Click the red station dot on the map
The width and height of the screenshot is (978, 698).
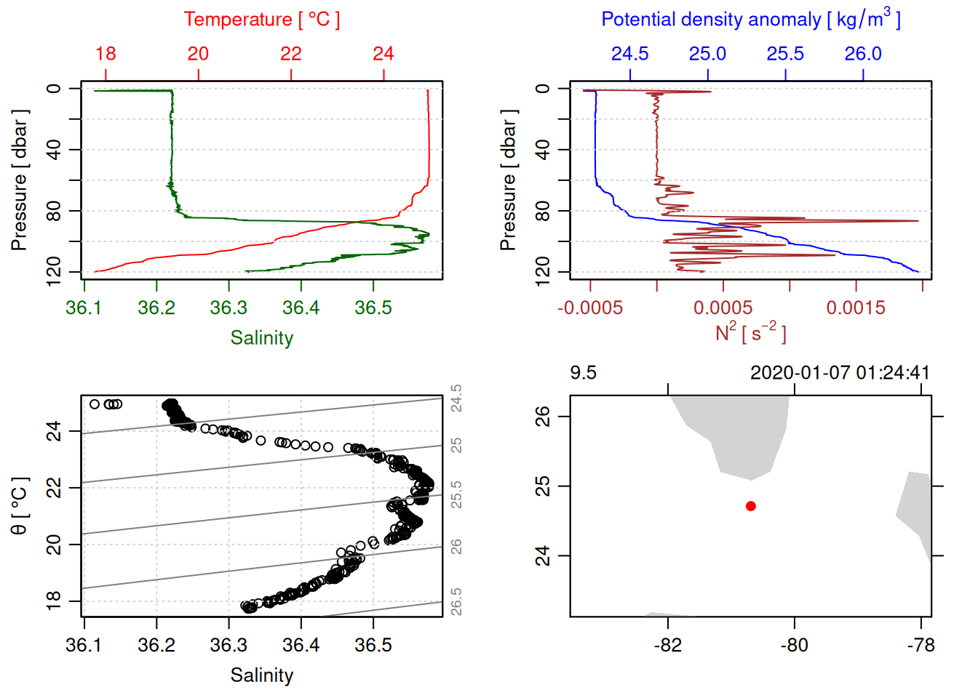click(x=751, y=506)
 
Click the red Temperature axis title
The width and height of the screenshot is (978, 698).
click(x=261, y=20)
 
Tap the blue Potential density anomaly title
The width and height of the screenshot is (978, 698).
click(x=750, y=20)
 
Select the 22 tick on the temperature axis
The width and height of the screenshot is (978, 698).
click(x=291, y=54)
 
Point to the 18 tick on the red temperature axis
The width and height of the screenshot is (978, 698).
click(x=106, y=54)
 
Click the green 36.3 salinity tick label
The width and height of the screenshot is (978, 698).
click(x=228, y=308)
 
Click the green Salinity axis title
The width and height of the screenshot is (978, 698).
click(x=261, y=338)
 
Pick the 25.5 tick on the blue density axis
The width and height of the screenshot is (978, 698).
click(x=785, y=54)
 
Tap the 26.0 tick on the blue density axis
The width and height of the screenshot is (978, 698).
click(x=863, y=54)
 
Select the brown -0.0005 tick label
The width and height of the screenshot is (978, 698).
click(x=590, y=308)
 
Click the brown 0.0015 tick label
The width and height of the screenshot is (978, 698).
click(x=856, y=308)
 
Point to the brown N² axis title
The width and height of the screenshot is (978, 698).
click(x=750, y=333)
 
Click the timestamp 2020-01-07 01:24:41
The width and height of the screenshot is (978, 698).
click(x=840, y=373)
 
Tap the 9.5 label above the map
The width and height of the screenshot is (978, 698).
click(x=583, y=373)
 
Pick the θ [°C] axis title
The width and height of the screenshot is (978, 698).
click(x=20, y=506)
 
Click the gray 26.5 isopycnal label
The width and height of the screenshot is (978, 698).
click(x=456, y=602)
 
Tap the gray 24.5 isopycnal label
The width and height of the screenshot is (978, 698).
click(x=456, y=398)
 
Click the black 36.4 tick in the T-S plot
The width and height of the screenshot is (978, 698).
click(x=301, y=646)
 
